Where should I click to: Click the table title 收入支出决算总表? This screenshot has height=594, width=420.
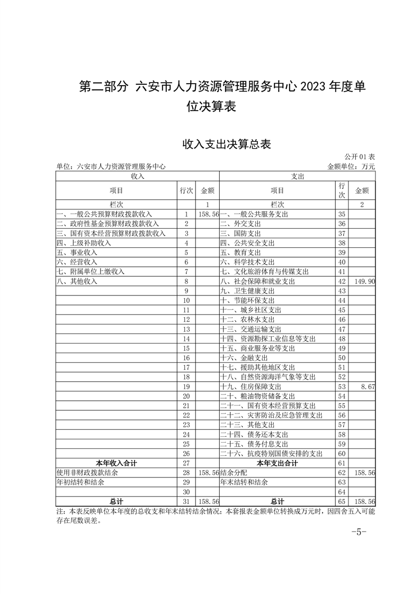tap(226, 144)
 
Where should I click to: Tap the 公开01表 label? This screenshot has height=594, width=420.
tap(360, 157)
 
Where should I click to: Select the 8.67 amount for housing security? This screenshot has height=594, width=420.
tap(366, 386)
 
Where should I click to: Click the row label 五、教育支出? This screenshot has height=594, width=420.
tap(239, 253)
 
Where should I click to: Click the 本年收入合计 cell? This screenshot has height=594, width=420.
tap(116, 463)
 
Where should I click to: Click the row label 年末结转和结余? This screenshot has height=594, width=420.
tap(244, 482)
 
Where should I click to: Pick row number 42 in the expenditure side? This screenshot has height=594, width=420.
tap(342, 281)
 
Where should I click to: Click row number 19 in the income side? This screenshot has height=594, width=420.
tap(186, 386)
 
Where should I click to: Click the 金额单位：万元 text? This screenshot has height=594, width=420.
tap(351, 166)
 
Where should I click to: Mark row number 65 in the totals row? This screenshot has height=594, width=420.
tap(342, 501)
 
